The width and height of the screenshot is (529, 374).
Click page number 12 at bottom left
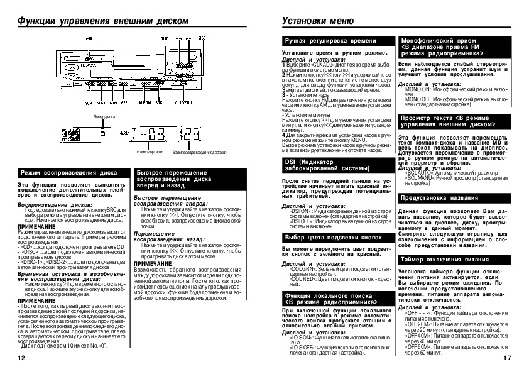coord(21,358)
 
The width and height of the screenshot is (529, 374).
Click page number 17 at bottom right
coord(508,358)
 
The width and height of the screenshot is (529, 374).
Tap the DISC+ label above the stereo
coord(203,38)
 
